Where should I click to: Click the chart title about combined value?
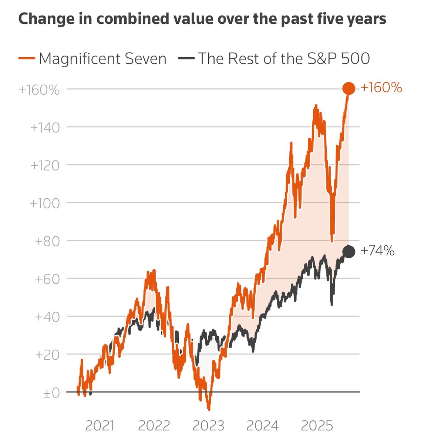pos(202,19)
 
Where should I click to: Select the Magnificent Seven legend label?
pos(102,59)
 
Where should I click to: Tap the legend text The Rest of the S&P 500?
pos(284,59)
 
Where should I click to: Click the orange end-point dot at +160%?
pos(348,88)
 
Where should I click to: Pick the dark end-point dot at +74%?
pos(348,252)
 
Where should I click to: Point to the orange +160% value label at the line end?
pos(381,88)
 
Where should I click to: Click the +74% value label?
pos(377,251)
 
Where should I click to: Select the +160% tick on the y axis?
pos(39,90)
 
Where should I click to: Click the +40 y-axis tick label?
pos(47,317)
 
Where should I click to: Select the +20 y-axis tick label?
pos(47,355)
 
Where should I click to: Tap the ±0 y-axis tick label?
pos(51,393)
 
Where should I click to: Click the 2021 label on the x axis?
pos(100,426)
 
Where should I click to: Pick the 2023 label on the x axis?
pos(208,426)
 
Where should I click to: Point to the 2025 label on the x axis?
pos(317,426)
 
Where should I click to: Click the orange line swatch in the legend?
pos(26,58)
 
